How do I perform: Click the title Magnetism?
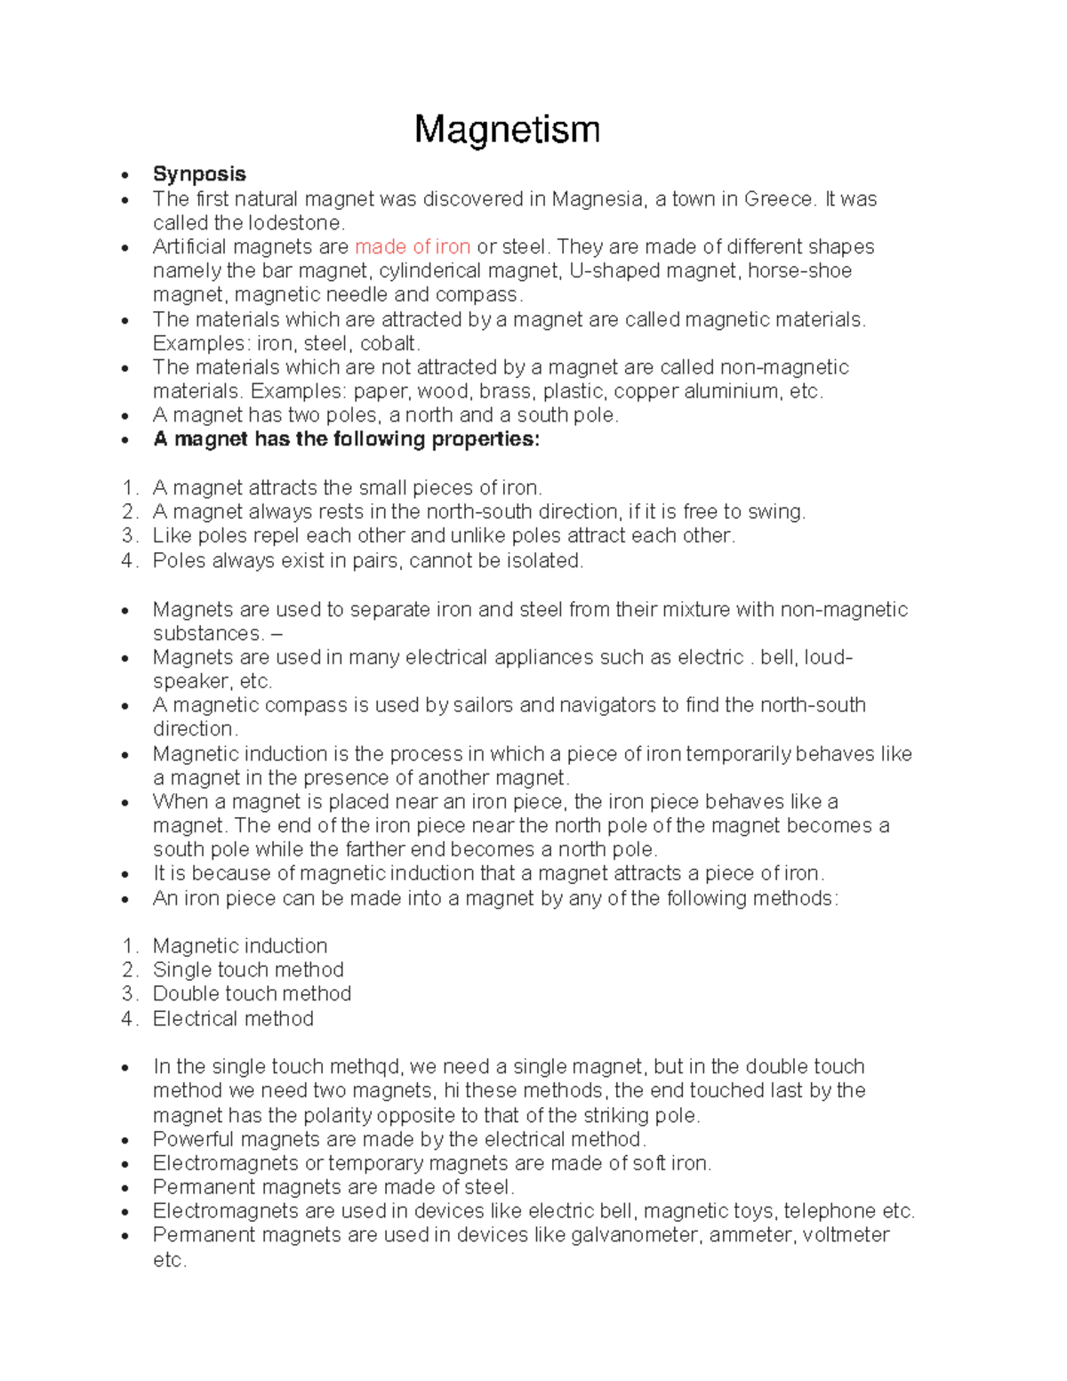[507, 130]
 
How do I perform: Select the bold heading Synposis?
[199, 174]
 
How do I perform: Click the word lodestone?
[295, 223]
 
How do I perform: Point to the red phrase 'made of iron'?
[413, 247]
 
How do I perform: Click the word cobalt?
[389, 344]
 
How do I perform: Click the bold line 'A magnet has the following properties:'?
[347, 439]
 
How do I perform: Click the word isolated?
[544, 561]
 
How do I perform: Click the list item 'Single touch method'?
[248, 970]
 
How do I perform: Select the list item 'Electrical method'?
[233, 1019]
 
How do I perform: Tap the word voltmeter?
[846, 1235]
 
